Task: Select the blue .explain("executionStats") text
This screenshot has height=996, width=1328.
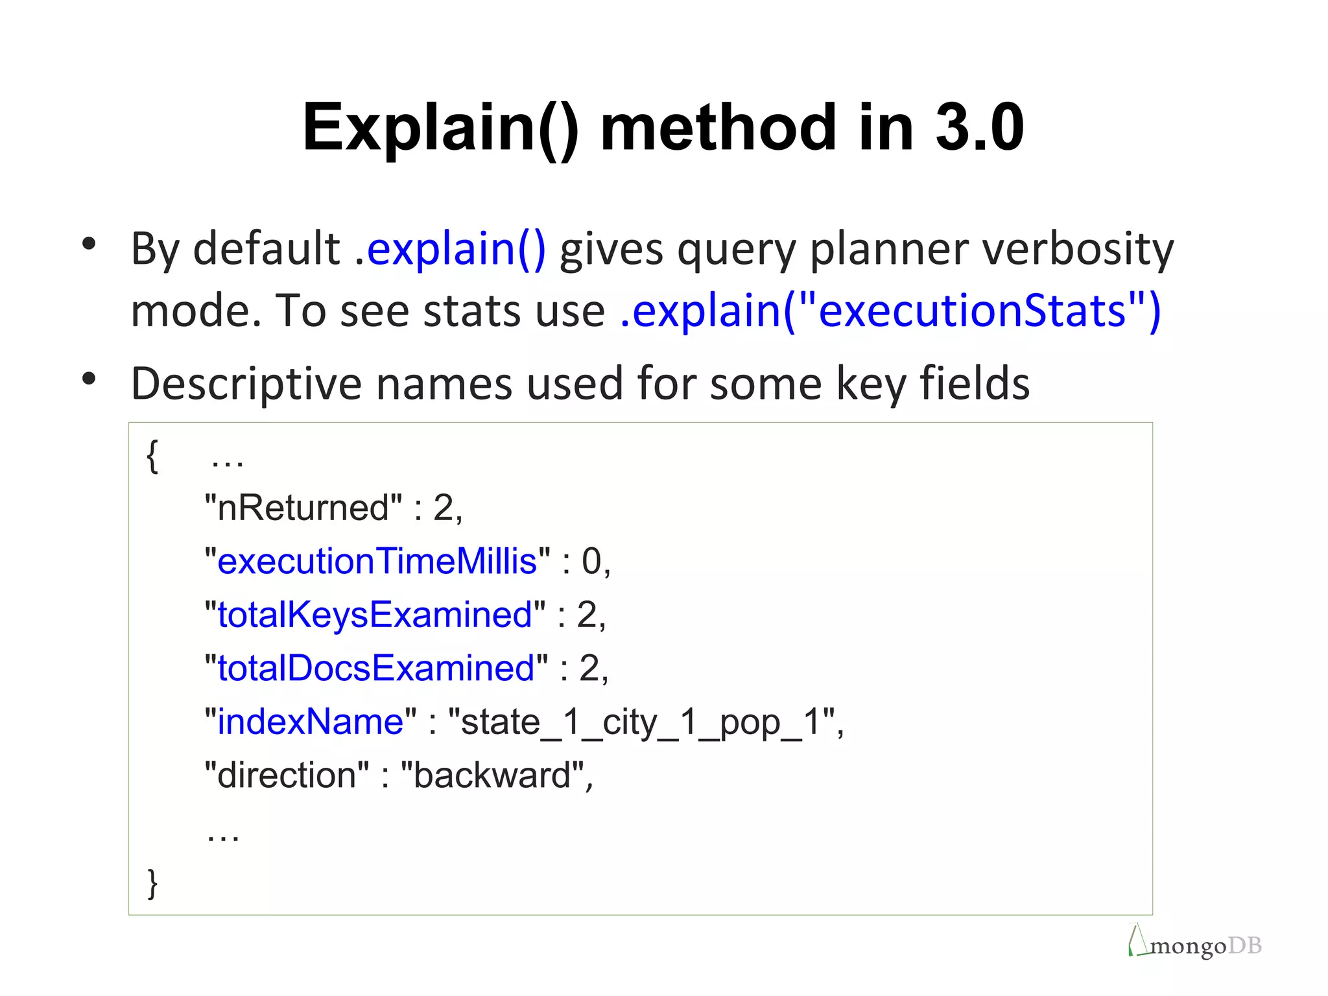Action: click(x=890, y=311)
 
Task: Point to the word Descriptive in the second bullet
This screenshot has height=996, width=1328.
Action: click(x=245, y=383)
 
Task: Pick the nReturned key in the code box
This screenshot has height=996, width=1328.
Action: click(x=303, y=508)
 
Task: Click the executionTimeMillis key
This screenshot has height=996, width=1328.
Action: click(x=377, y=561)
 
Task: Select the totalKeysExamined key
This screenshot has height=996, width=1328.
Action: click(x=375, y=615)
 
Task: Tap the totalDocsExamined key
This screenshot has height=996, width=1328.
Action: click(x=376, y=668)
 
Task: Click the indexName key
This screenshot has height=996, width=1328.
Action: click(x=310, y=722)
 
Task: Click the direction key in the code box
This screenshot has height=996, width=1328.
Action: click(x=287, y=775)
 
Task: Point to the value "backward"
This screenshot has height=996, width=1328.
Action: click(x=492, y=775)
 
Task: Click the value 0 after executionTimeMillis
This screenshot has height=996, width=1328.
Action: click(x=591, y=561)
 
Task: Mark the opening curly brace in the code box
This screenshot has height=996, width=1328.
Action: click(x=152, y=456)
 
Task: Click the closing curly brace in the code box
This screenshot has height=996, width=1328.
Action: click(x=152, y=883)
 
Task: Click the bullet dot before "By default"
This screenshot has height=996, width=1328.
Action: click(x=89, y=244)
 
